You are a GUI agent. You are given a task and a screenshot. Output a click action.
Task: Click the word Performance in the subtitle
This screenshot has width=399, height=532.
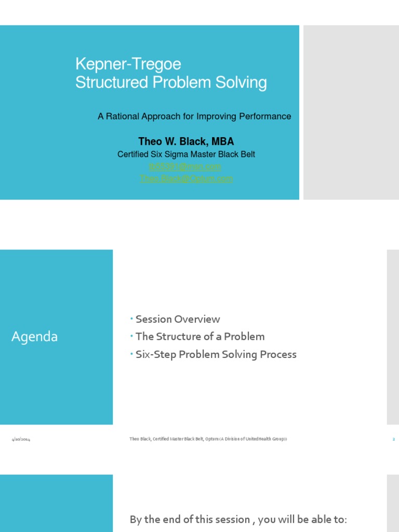pos(265,116)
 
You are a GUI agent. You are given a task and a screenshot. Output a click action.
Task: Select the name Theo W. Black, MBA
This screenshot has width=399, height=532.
pos(186,141)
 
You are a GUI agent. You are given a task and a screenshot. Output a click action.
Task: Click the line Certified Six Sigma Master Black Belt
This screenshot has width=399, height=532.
pos(186,154)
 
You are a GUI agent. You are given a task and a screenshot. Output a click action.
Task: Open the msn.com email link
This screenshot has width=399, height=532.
pos(185,166)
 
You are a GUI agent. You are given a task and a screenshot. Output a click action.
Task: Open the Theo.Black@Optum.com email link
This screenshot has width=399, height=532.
pos(186,178)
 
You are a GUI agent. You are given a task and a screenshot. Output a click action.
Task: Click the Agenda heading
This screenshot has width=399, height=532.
pos(35,337)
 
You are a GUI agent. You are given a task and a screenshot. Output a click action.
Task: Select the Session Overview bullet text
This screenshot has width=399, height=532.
pos(178,319)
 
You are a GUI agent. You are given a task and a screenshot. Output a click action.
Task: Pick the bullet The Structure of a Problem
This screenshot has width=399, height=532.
pos(200,337)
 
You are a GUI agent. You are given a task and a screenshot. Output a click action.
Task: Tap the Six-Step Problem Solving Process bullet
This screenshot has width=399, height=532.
pos(216,354)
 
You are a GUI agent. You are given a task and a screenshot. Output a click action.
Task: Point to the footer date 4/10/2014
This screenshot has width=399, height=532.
pos(21,440)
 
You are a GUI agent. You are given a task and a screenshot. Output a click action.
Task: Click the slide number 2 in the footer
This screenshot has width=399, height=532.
pos(394,440)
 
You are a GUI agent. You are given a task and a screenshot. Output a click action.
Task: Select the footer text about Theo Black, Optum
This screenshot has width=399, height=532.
pos(208,440)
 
